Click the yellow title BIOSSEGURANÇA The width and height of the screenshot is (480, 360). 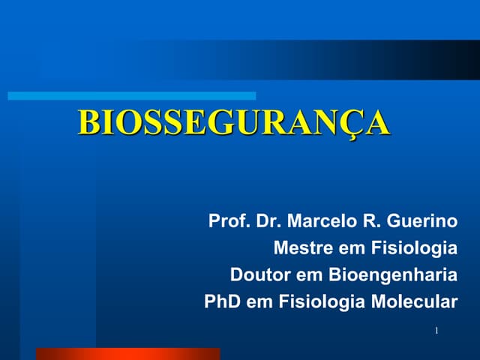pyautogui.click(x=234, y=122)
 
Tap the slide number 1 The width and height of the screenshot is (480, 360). pyautogui.click(x=436, y=331)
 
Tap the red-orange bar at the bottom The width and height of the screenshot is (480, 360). pyautogui.click(x=127, y=354)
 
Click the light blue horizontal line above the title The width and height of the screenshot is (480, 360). pyautogui.click(x=131, y=96)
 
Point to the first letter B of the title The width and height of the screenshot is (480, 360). pyautogui.click(x=89, y=122)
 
